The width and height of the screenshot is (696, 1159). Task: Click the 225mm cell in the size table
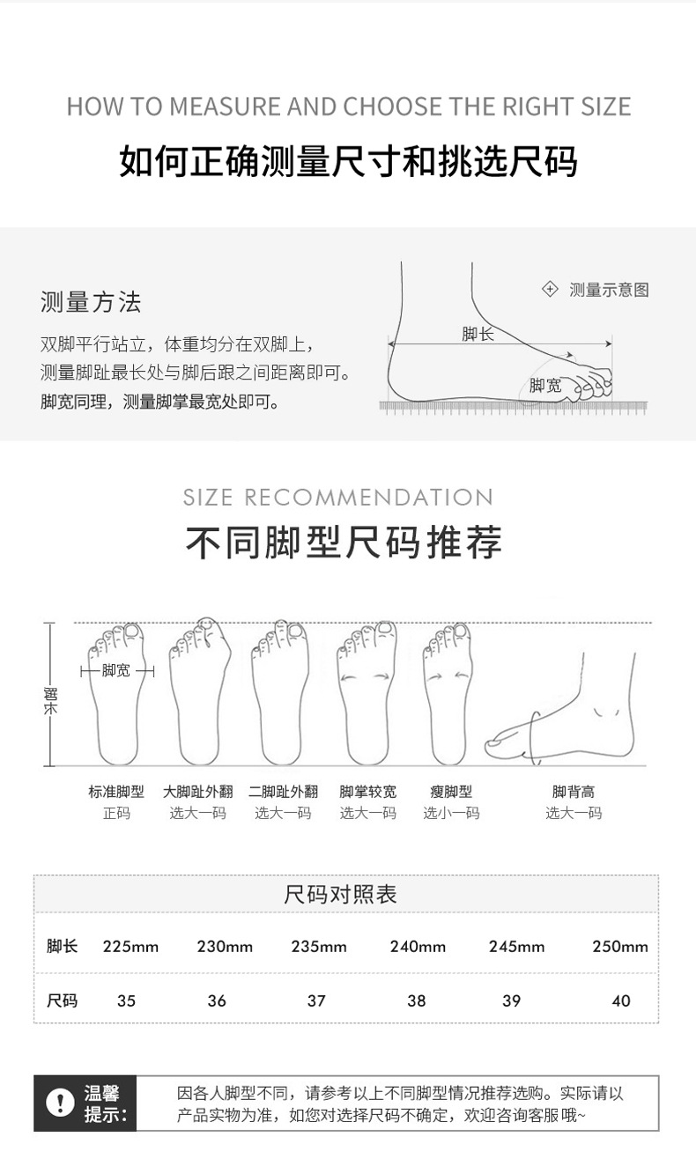point(130,947)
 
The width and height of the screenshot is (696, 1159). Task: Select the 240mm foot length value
point(418,947)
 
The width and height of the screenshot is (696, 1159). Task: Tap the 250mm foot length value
point(620,947)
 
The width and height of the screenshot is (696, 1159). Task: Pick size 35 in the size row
point(126,1000)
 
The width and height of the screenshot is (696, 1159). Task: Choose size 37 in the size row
point(316,1000)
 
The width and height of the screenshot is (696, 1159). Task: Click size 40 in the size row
point(621,1000)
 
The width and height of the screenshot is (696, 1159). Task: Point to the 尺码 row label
point(62,1000)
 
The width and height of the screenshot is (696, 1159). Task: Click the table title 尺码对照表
point(340,895)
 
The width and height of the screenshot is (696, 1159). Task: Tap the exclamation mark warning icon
point(60,1103)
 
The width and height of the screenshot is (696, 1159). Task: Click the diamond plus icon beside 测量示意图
point(550,289)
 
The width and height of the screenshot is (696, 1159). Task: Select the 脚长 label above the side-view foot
point(478,334)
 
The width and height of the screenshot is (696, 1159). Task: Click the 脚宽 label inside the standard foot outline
point(115,670)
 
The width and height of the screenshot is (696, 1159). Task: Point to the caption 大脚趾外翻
point(197,792)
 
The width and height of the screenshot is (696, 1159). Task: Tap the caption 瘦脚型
point(451,792)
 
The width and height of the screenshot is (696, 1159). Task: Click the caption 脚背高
point(574,792)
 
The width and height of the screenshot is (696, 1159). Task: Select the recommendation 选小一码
point(451,813)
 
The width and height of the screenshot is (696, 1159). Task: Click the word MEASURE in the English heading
point(225,107)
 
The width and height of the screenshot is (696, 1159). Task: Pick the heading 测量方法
point(91,302)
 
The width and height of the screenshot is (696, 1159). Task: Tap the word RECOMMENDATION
point(368,498)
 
